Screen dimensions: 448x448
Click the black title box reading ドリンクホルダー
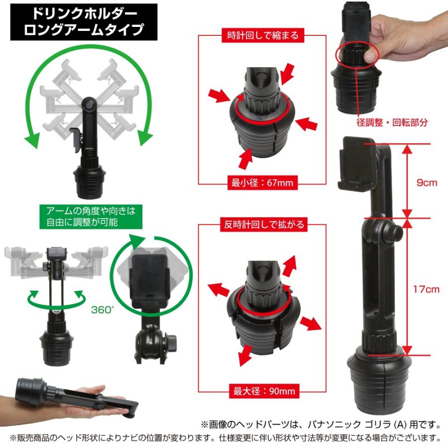(x=84, y=22)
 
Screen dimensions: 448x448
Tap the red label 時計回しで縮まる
(x=263, y=36)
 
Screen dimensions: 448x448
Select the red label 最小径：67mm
(x=262, y=183)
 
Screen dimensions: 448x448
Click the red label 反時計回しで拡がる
(x=263, y=224)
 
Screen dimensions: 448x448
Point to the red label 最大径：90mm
(x=262, y=391)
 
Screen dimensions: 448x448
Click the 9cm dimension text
(x=427, y=182)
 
